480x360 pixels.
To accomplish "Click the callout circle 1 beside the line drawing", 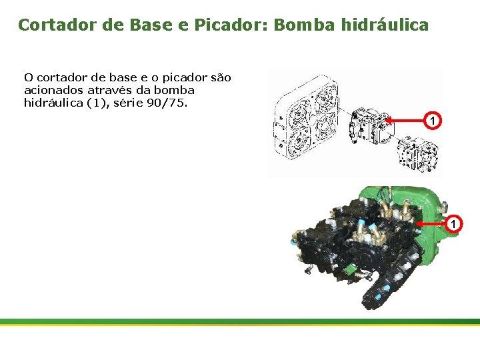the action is pyautogui.click(x=433, y=121).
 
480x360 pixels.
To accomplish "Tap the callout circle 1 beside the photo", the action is pyautogui.click(x=453, y=223).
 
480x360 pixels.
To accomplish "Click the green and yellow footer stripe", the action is pyautogui.click(x=240, y=321).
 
